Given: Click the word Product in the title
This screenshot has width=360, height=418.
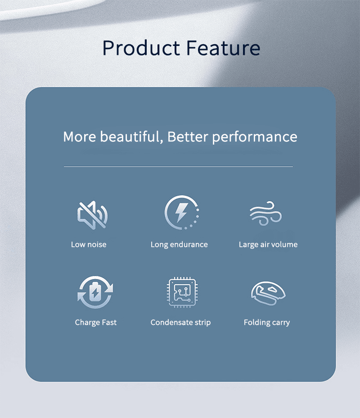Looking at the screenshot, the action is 141,48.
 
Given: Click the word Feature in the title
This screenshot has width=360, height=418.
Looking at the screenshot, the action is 223,48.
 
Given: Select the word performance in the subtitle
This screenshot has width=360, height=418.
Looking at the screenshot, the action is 255,137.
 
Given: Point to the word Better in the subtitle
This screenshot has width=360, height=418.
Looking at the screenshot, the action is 188,136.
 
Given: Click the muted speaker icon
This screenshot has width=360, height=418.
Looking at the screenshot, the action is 92,215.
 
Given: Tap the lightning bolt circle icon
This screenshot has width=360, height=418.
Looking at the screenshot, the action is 182,213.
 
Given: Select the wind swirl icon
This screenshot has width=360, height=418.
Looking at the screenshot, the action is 266,214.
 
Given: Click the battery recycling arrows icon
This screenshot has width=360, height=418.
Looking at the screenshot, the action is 95,292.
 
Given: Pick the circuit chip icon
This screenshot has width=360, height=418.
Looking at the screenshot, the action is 182,292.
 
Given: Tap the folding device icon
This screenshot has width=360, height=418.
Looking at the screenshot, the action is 268,293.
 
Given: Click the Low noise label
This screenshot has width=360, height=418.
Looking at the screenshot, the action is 89,245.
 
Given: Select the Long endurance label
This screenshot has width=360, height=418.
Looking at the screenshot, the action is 179,245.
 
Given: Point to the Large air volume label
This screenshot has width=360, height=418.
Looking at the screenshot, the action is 268,245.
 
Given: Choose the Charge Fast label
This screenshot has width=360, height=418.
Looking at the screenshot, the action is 95,323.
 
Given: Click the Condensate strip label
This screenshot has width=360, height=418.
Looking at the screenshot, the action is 180,323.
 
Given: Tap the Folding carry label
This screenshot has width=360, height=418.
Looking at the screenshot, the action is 267,323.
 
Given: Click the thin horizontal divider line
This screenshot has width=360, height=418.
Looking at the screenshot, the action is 178,167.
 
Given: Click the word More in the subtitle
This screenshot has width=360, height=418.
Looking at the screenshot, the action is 80,137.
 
